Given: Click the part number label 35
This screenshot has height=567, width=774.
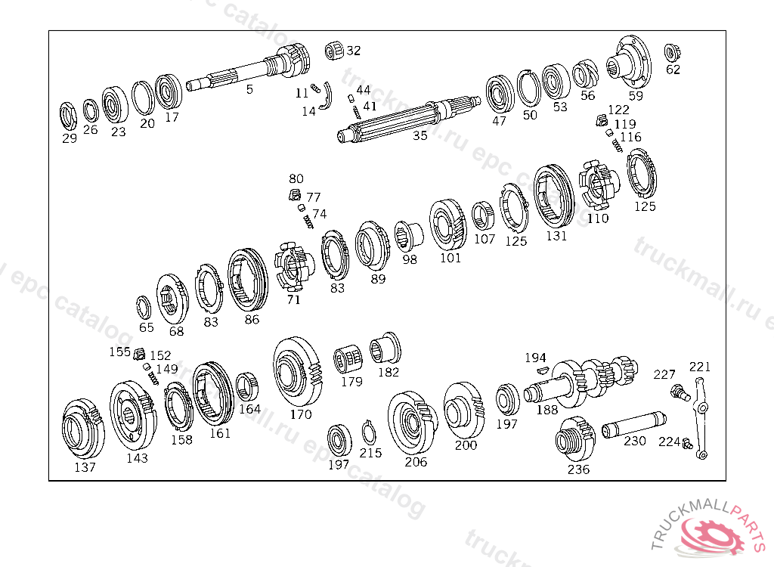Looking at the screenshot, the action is (x=420, y=135).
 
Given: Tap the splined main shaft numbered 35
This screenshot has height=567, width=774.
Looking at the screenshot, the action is (x=409, y=119).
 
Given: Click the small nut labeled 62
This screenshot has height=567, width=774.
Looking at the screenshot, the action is (x=671, y=52).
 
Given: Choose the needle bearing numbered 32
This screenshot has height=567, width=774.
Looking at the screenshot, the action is (x=334, y=51).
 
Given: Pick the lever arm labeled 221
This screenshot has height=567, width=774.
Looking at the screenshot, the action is (x=700, y=418).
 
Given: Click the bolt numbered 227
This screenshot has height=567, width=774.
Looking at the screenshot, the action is (x=680, y=392).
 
